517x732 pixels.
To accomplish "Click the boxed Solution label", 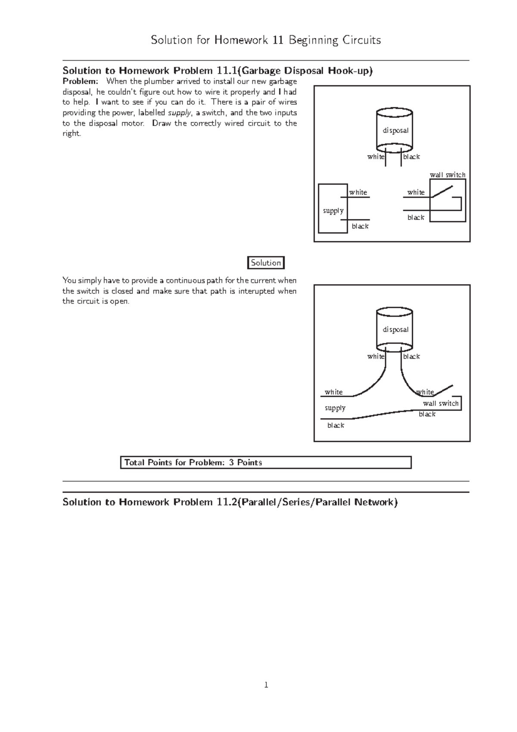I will [x=266, y=263].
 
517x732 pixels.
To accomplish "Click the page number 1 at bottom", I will [x=266, y=685].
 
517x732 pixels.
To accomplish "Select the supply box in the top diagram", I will [x=333, y=209].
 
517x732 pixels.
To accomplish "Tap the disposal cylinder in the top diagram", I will [x=395, y=129].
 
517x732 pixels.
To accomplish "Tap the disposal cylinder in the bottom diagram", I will [x=395, y=328].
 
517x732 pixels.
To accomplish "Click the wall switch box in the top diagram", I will [x=448, y=201].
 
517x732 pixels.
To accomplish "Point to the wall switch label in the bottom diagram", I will [x=440, y=404].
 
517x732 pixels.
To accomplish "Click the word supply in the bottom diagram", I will [x=335, y=408].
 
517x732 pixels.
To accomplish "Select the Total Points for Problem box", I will [x=265, y=463].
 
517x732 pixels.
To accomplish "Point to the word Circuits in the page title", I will [x=361, y=41].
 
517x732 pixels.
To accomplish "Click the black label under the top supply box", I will [x=360, y=226].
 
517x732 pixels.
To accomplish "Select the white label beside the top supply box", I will [x=358, y=192].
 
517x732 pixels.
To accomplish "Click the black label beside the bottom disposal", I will [x=411, y=357].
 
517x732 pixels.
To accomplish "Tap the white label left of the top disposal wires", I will [x=375, y=157].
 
